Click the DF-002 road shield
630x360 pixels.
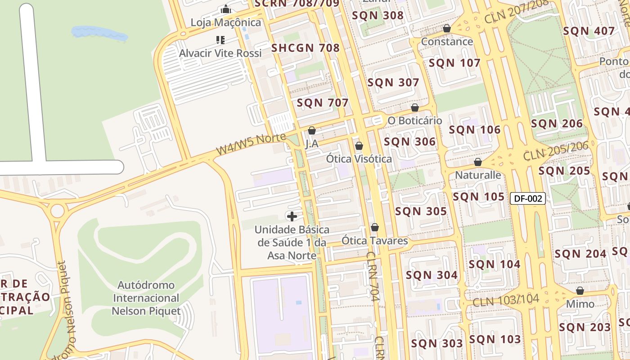pos(527,198)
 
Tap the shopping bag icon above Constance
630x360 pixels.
pos(446,28)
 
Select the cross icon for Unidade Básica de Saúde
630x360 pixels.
pos(292,216)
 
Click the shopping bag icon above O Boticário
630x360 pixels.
pos(415,108)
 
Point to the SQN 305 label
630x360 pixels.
pos(421,211)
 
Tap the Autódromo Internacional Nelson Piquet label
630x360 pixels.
pos(146,298)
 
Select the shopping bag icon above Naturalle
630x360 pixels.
pos(477,162)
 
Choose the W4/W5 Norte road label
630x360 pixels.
pos(251,144)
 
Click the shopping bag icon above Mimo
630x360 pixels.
pos(580,291)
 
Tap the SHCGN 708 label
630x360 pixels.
pos(305,48)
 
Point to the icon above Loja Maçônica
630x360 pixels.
pos(225,9)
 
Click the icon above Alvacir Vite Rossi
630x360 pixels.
pos(220,40)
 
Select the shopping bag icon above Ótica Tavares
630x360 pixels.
pos(374,228)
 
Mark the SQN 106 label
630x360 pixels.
pos(474,130)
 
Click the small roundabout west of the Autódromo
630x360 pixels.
pos(58,211)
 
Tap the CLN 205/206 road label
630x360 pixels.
pos(556,152)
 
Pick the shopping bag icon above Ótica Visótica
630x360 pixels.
pos(359,146)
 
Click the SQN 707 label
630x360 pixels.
pos(322,103)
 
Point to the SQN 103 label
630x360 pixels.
pos(495,339)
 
